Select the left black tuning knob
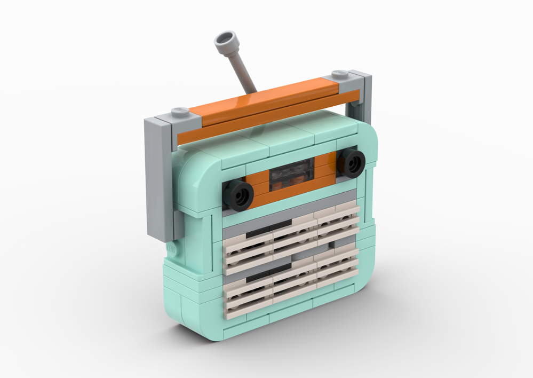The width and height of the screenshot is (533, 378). click(x=238, y=193)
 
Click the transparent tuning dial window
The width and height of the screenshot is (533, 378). click(x=291, y=176)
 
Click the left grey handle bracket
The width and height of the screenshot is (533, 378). click(x=159, y=176)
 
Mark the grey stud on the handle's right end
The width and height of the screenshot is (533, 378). click(x=340, y=74)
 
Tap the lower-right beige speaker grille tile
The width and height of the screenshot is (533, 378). click(x=338, y=270)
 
